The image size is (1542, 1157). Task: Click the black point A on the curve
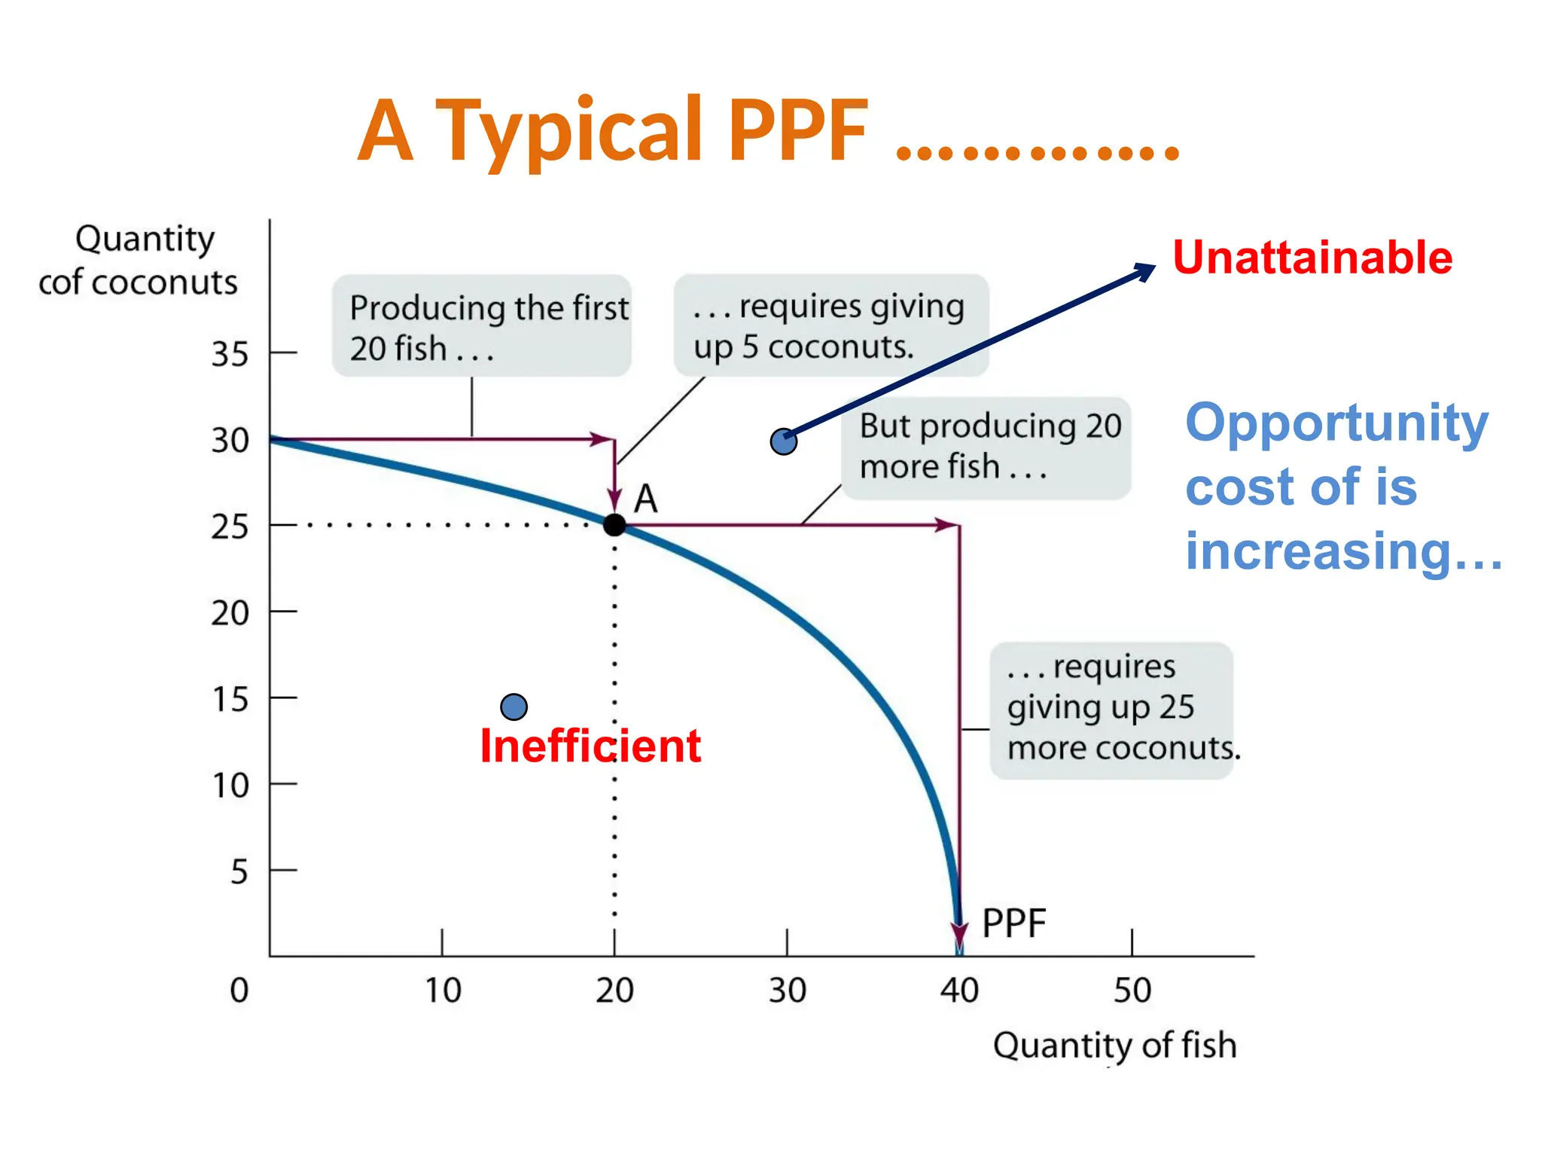(x=614, y=524)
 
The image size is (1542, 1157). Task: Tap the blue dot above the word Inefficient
(x=513, y=707)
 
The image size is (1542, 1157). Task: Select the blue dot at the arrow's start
(x=783, y=441)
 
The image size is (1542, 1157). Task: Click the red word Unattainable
(x=1312, y=258)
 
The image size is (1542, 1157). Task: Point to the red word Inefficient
(x=590, y=746)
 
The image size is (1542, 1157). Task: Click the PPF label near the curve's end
(x=1013, y=923)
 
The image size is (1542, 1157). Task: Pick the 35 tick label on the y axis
(x=230, y=354)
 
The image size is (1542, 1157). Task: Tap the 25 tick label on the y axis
(x=230, y=527)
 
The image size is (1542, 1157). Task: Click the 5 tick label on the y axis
(x=239, y=872)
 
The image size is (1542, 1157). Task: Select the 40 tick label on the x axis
(x=959, y=991)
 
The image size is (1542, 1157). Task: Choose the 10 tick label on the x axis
(x=443, y=991)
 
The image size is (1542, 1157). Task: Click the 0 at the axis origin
(x=239, y=991)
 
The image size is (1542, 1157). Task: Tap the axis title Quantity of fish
(x=1114, y=1046)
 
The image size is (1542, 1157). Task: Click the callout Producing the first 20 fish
(x=482, y=327)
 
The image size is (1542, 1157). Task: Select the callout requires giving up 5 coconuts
(x=830, y=325)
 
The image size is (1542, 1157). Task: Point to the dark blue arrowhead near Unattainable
(x=1147, y=270)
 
